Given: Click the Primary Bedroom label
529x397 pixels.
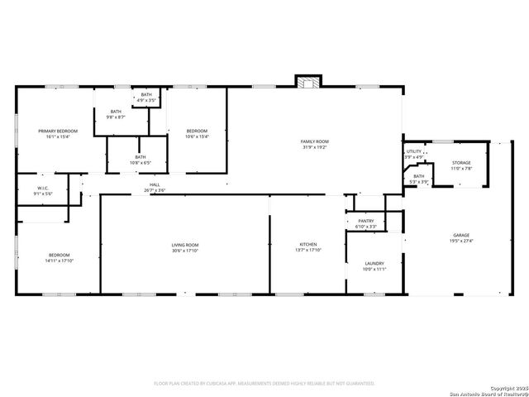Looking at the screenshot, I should tap(58, 131).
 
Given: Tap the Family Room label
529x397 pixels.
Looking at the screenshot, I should tap(314, 141).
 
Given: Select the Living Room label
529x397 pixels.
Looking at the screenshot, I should tap(185, 245).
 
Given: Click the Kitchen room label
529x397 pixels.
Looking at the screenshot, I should tap(307, 245).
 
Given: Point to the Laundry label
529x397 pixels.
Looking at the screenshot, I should tap(374, 264).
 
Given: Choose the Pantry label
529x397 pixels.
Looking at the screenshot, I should tap(366, 221).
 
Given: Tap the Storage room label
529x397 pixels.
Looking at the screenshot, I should tap(461, 163).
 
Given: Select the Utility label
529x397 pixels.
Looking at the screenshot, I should tap(413, 151).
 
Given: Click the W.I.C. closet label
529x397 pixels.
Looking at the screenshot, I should tap(43, 188).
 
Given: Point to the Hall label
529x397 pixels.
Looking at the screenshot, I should tap(155, 184).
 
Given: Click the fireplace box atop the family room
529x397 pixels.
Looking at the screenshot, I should tap(308, 81).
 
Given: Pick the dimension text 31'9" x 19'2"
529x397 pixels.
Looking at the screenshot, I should tap(314, 147).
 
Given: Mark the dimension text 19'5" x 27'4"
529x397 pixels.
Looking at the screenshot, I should tap(460, 242).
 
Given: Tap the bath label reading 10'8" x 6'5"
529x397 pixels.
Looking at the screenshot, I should tap(141, 160).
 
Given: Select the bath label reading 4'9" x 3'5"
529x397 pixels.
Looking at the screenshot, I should tap(145, 98).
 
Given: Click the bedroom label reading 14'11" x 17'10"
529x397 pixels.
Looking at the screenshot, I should tap(59, 257).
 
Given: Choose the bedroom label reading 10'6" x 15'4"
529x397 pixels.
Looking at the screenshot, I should tap(197, 133).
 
